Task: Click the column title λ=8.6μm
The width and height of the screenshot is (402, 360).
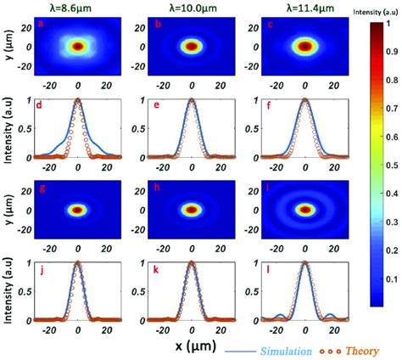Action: click(x=77, y=8)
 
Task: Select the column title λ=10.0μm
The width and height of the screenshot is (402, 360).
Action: click(x=192, y=8)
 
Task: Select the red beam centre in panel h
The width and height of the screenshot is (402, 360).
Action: click(x=192, y=210)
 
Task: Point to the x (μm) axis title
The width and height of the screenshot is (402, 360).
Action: click(x=193, y=347)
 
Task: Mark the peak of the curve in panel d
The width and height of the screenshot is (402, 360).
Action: click(x=77, y=99)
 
